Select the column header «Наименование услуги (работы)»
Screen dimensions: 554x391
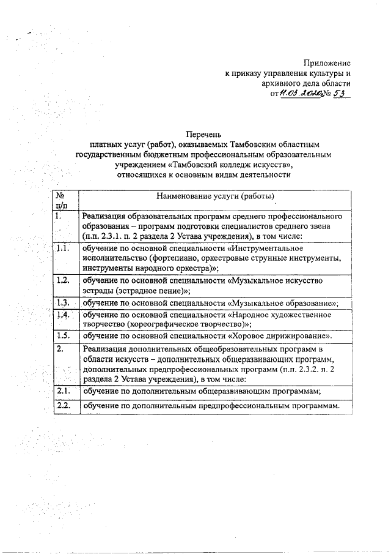pos(216,197)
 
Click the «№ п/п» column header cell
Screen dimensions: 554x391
pos(62,200)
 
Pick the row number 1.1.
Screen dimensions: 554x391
pos(62,249)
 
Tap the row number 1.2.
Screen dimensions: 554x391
pos(62,280)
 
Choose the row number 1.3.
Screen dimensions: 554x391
pos(62,302)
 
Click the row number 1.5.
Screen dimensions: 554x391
pos(62,335)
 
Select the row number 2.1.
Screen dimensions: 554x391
pos(62,391)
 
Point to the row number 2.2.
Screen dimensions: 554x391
pos(62,406)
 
